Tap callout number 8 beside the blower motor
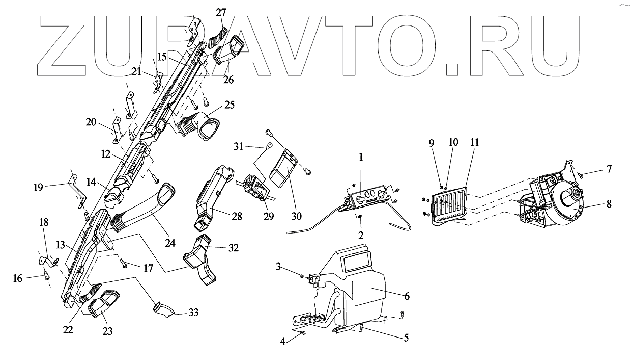click(x=609, y=204)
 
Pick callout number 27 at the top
click(x=220, y=12)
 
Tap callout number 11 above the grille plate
click(x=474, y=143)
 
